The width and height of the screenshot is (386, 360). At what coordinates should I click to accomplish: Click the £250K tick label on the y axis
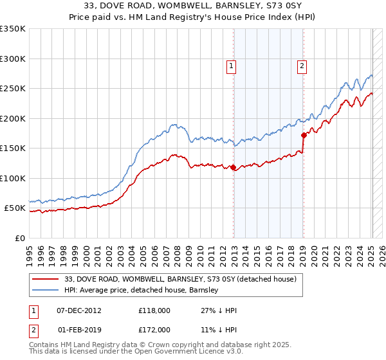point(13,89)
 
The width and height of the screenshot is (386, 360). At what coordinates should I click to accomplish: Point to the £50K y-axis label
point(15,208)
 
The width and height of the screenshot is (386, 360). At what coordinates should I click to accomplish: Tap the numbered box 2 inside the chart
point(301,65)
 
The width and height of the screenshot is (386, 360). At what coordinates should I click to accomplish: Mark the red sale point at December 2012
point(233,167)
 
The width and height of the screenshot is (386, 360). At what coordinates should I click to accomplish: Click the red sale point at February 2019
point(303,135)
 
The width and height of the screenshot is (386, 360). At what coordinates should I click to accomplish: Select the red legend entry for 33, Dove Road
point(179,279)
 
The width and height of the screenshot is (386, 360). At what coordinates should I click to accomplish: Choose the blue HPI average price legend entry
point(142,291)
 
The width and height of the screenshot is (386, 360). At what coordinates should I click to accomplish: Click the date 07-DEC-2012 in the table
point(79,310)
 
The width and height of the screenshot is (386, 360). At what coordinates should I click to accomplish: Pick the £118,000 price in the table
point(154,310)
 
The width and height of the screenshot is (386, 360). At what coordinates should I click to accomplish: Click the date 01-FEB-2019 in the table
point(79,329)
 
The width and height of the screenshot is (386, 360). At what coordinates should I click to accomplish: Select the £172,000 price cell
point(154,329)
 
